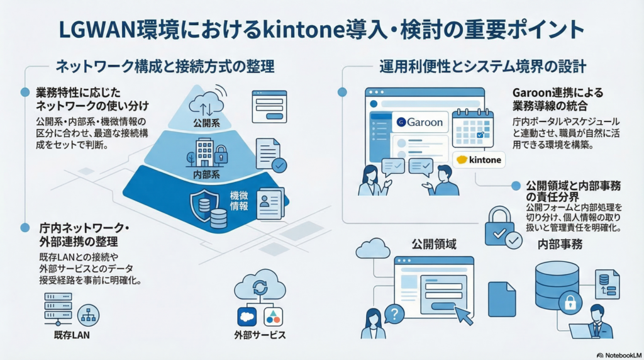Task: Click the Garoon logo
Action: click(420, 121)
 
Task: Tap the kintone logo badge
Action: click(480, 160)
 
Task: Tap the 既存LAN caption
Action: click(72, 335)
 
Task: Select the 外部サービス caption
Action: click(260, 335)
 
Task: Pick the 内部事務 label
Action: click(559, 244)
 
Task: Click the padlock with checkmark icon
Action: click(502, 227)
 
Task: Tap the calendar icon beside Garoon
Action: click(473, 128)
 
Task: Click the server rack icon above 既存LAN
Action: click(58, 308)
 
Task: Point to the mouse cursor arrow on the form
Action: click(464, 315)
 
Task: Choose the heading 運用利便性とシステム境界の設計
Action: click(482, 66)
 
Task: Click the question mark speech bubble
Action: click(394, 313)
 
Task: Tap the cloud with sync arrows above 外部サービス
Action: click(260, 287)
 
